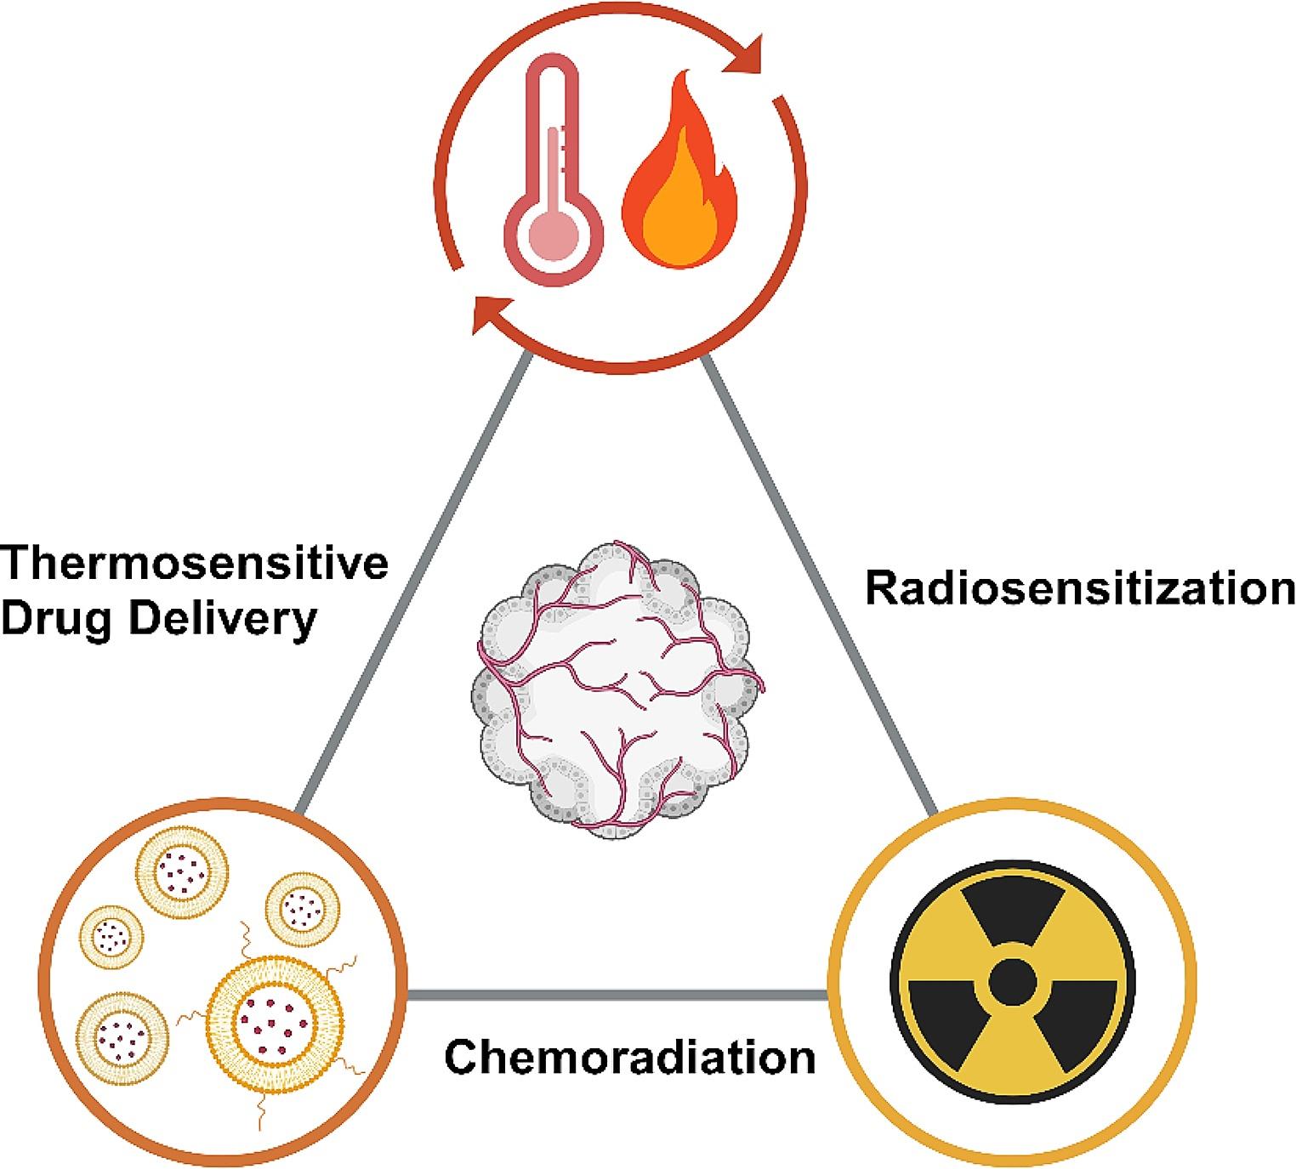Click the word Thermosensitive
(196, 565)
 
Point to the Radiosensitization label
(1078, 588)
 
